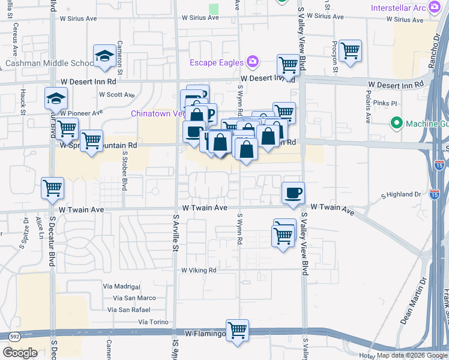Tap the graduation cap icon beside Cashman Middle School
104,56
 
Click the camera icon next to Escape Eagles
253,62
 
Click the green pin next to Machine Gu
396,124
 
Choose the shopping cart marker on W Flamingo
238,329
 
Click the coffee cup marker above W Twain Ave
292,193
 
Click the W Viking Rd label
199,271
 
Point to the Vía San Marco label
130,298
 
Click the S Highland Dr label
402,194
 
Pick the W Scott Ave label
117,95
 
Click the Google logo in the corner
20,353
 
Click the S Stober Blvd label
125,170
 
